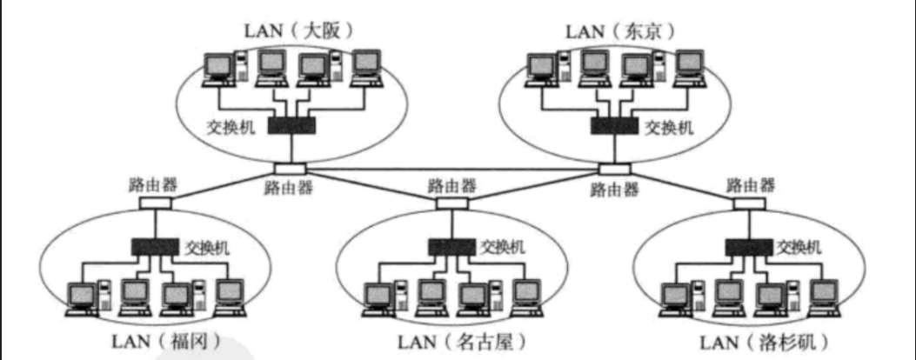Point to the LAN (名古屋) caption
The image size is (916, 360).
pos(461,339)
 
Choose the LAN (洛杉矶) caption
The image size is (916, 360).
pos(766,339)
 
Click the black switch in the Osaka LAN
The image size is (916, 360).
pos(291,126)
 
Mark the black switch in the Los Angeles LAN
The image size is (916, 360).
pos(749,247)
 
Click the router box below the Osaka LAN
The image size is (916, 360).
pos(290,168)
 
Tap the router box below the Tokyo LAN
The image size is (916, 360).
pos(613,168)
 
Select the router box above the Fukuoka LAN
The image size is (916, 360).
pos(156,203)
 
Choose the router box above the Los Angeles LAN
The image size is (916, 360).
pos(749,203)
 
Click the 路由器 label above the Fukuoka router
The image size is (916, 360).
pos(153,184)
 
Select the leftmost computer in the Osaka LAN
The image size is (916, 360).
pos(219,69)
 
